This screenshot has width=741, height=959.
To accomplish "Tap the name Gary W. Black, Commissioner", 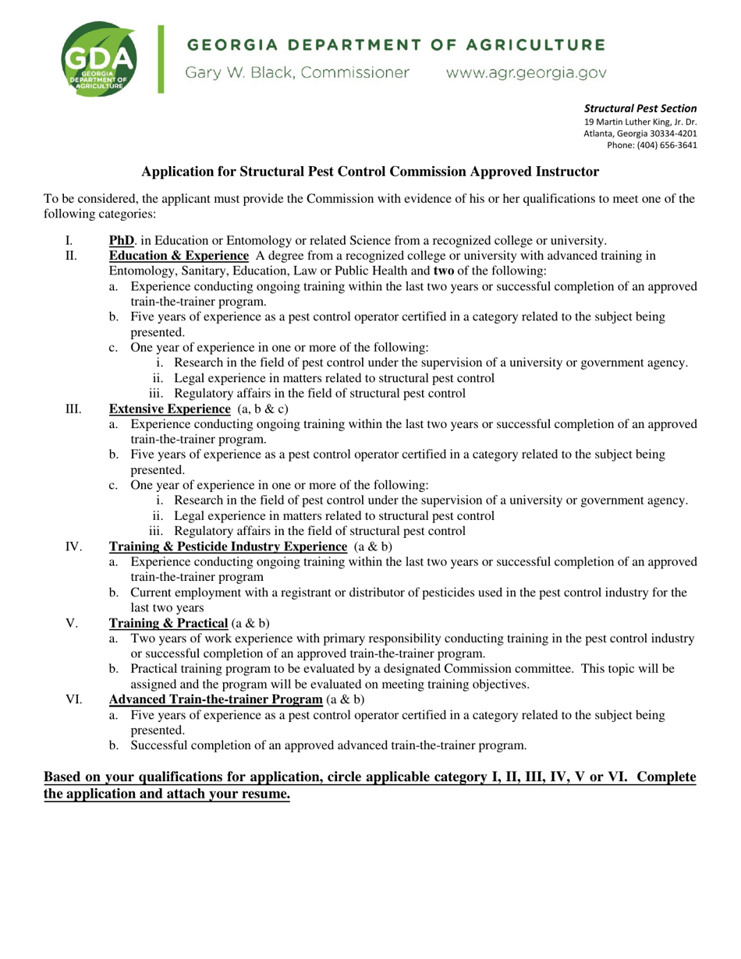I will (x=296, y=73).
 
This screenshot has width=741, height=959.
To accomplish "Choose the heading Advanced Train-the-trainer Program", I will (x=215, y=699).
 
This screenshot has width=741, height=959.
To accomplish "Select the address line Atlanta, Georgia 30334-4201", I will (x=640, y=133).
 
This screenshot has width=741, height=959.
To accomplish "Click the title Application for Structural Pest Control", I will (x=370, y=172).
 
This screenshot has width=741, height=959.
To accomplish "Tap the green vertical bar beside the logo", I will (x=161, y=59).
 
